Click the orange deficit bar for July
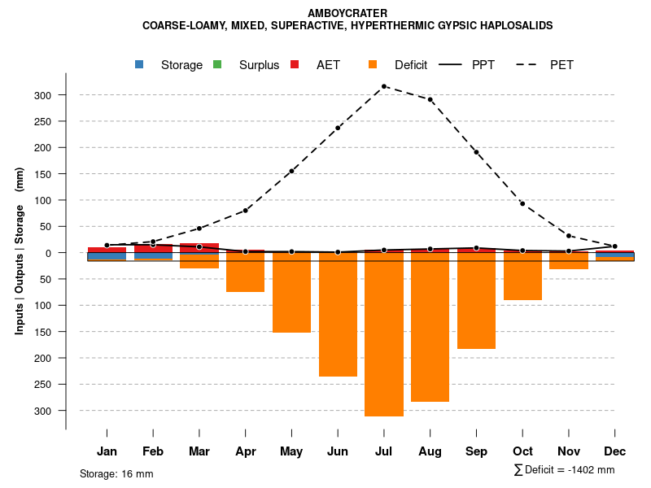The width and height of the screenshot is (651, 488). (384, 338)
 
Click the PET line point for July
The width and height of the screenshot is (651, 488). (384, 86)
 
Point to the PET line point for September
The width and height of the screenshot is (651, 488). (476, 152)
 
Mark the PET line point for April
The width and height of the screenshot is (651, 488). (245, 211)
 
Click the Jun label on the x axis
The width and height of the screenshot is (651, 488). (338, 451)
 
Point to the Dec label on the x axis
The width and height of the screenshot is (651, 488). (615, 451)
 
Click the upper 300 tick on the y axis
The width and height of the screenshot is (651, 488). (43, 95)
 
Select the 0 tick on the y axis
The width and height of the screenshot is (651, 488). (48, 253)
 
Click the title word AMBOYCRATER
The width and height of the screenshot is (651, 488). (348, 13)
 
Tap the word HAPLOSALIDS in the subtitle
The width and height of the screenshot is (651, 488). (516, 25)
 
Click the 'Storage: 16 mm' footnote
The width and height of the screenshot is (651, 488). (116, 473)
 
